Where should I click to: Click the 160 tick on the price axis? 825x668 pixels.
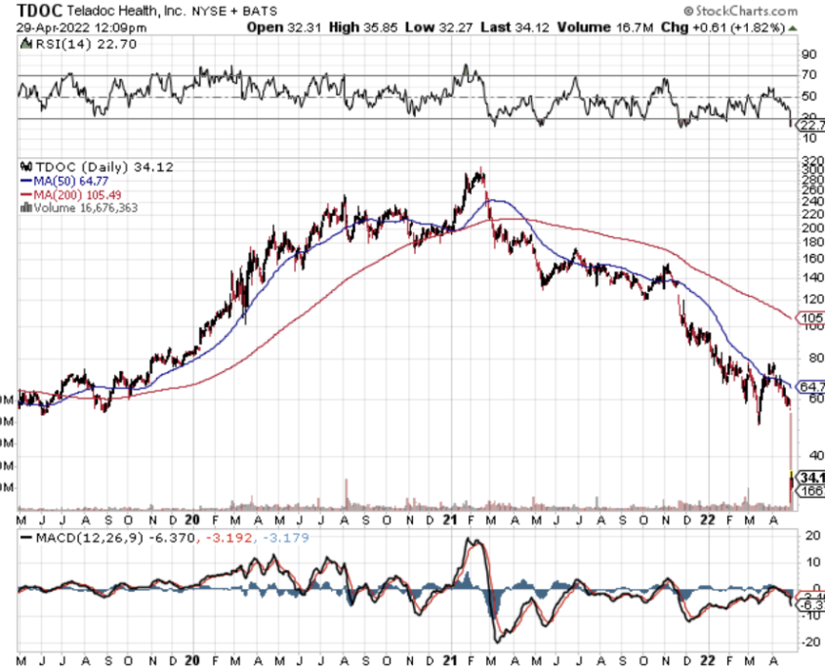[x=810, y=259]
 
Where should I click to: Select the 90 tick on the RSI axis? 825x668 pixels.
[x=809, y=55]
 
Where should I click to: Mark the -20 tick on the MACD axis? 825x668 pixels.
[x=809, y=643]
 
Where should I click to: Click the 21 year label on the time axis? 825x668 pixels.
[x=452, y=520]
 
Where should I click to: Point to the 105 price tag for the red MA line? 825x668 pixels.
[x=810, y=318]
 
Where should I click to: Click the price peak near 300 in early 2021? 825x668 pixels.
[x=477, y=173]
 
